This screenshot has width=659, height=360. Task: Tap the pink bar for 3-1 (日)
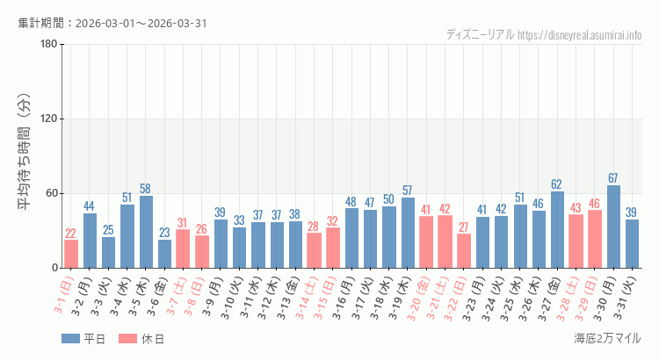[71, 254]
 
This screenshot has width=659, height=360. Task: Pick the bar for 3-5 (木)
[146, 232]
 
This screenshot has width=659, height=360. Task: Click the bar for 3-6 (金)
[164, 254]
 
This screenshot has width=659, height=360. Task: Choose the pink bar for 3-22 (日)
[464, 251]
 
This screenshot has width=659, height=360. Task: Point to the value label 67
[613, 178]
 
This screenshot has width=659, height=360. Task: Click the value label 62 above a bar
[557, 184]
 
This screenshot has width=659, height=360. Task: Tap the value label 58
[146, 189]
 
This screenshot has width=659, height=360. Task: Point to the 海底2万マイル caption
[607, 338]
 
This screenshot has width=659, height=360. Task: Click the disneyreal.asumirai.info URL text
[580, 35]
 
